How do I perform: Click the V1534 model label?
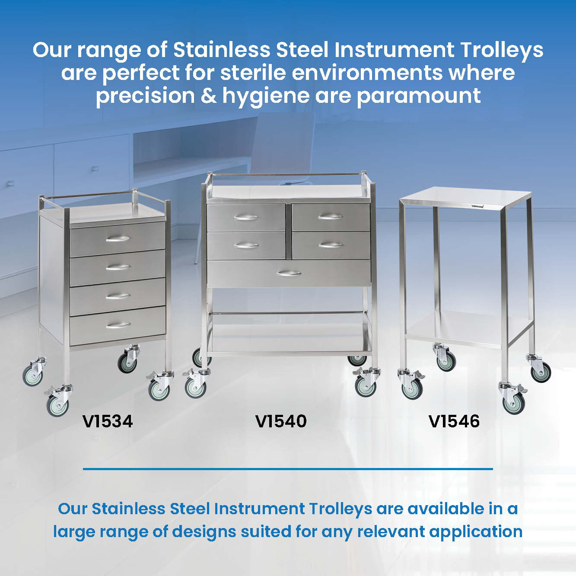coord(108,421)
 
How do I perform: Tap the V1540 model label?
coord(281,421)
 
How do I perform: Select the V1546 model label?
coord(454,421)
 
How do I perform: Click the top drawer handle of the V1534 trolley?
coord(118,239)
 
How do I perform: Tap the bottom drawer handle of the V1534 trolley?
coord(118,325)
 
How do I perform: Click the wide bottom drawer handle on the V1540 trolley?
coord(289,273)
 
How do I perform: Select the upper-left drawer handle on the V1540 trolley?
coord(246,217)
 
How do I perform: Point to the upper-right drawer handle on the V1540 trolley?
coord(331,216)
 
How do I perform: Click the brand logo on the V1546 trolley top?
coord(477,206)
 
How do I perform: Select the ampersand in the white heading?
coord(209,95)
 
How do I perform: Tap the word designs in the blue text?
coord(204,532)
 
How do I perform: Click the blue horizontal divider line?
coord(288,469)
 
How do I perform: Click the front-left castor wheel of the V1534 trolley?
coord(58,405)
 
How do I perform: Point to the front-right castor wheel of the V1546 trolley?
coord(513,403)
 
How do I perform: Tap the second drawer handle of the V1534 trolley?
coord(118,267)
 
